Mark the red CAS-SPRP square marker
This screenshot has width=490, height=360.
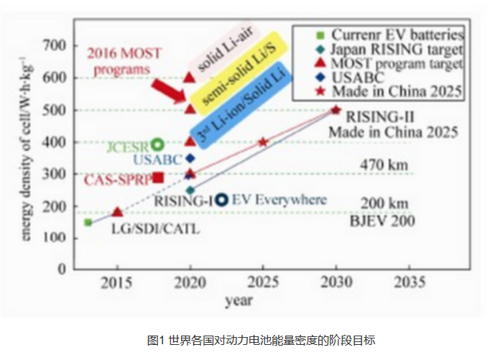pyautogui.click(x=158, y=177)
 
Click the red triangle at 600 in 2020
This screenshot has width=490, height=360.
pyautogui.click(x=190, y=77)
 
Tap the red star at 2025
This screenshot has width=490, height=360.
pyautogui.click(x=262, y=142)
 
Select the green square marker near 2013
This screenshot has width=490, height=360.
pyautogui.click(x=88, y=222)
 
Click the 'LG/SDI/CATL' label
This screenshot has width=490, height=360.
pyautogui.click(x=154, y=229)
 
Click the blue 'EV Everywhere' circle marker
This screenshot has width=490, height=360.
pyautogui.click(x=222, y=200)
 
